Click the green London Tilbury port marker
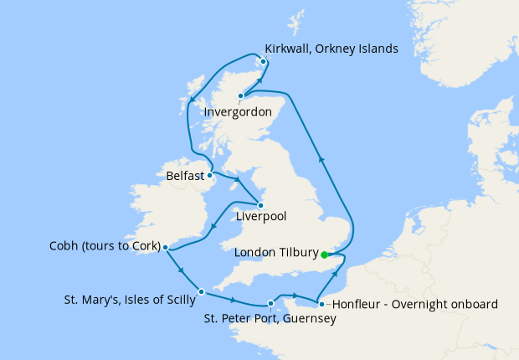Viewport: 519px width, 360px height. click(x=324, y=255)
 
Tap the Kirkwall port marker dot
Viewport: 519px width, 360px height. click(x=263, y=61)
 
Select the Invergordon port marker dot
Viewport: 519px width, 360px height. click(x=240, y=95)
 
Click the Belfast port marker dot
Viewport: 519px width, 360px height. click(x=210, y=176)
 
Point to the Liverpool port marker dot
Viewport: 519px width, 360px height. click(x=260, y=205)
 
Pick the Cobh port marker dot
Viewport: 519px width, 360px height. click(x=166, y=248)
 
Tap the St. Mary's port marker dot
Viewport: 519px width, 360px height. click(x=202, y=292)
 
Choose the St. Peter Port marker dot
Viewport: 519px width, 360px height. click(x=270, y=304)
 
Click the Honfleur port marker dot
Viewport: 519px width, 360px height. click(x=321, y=304)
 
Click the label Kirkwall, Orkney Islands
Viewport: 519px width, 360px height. click(x=331, y=49)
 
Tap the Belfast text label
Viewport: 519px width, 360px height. click(x=184, y=177)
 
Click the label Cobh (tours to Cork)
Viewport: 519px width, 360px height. click(x=105, y=247)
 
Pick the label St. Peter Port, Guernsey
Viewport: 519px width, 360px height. click(x=271, y=319)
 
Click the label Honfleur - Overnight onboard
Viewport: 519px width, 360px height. click(x=410, y=304)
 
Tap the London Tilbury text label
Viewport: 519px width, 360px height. click(x=276, y=253)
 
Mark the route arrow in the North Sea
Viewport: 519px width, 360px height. click(x=322, y=159)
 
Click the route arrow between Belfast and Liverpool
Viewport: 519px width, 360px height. click(x=239, y=181)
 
